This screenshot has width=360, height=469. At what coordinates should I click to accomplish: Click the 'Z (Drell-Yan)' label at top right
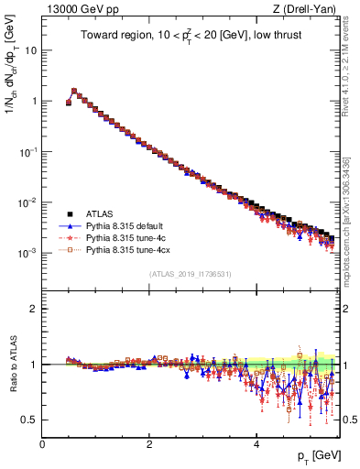[308, 9]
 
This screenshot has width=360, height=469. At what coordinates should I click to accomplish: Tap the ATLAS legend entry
[101, 213]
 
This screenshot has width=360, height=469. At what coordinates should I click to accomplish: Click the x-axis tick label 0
[42, 444]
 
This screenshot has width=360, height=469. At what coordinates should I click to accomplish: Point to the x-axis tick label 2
[149, 444]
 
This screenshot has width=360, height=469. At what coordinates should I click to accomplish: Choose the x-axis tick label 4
[256, 444]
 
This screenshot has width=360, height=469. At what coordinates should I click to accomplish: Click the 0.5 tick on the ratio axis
[30, 420]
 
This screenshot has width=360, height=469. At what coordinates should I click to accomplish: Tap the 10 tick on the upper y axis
[29, 49]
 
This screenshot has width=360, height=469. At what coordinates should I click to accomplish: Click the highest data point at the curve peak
[74, 91]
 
